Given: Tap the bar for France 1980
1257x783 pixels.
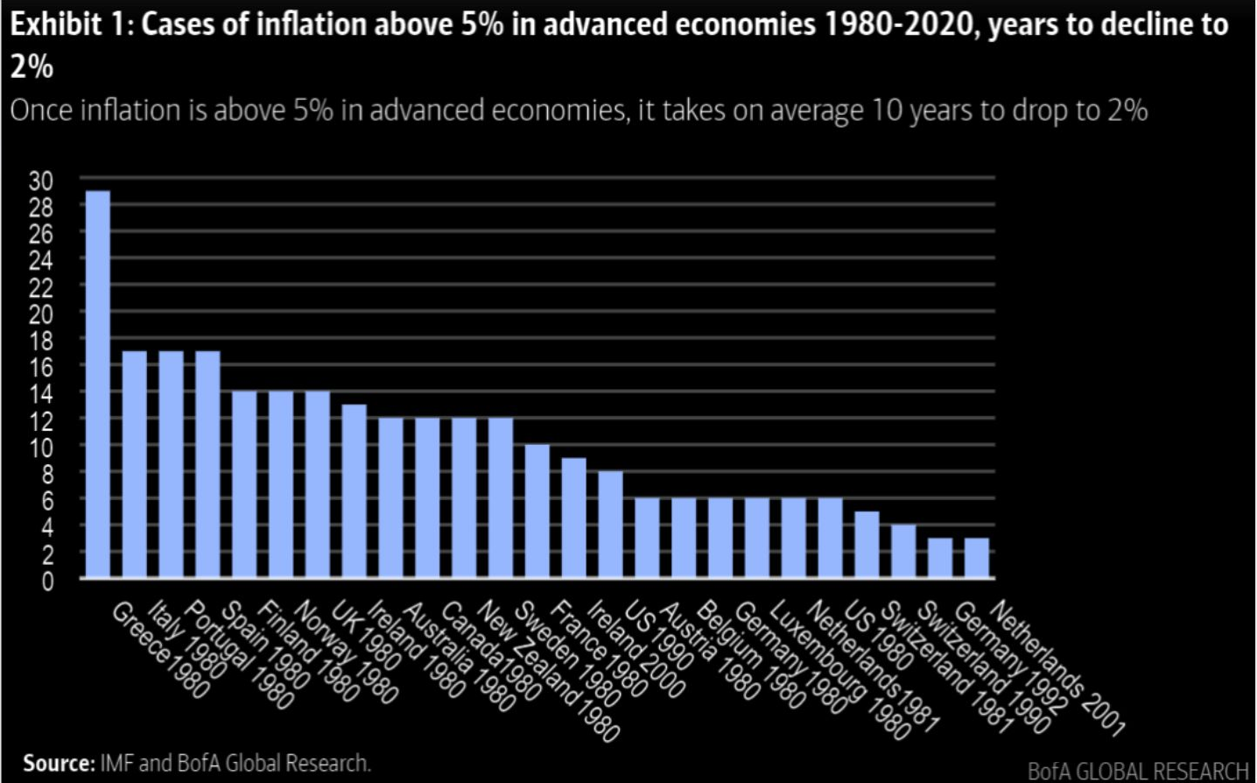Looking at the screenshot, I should point(573,518).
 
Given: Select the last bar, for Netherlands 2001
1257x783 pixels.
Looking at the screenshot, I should point(976,558).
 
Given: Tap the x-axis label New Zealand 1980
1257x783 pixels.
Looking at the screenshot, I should point(547,670).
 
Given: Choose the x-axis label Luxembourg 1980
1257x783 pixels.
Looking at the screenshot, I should point(839,670).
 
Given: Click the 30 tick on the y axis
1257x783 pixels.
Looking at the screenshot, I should point(40,180).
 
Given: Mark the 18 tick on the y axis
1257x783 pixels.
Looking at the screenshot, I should point(40,341).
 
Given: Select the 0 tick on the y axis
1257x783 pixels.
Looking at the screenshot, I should point(47,581).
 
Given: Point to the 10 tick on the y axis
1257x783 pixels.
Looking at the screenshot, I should point(40,447).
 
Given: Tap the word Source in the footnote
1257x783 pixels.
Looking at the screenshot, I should point(58,763).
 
